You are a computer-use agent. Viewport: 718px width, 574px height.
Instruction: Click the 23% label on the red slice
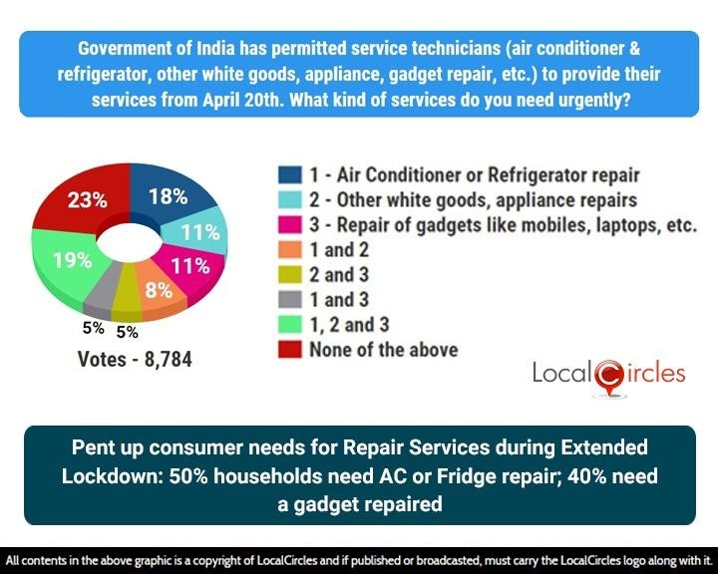tap(87, 199)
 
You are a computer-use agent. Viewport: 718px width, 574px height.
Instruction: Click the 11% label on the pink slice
tap(189, 266)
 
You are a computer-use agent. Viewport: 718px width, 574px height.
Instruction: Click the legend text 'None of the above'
tap(384, 349)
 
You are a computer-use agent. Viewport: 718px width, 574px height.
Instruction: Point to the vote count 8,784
tap(164, 359)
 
